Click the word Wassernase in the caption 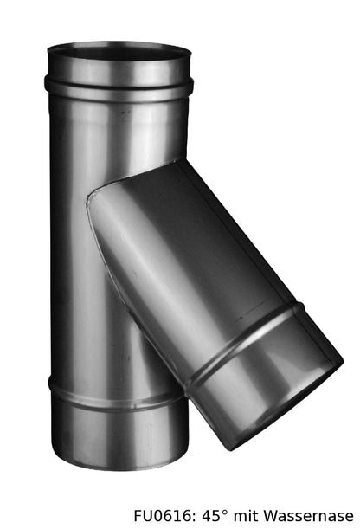click(x=308, y=516)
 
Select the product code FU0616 click(x=164, y=516)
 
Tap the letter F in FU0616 click(x=138, y=516)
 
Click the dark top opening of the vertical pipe click(x=119, y=53)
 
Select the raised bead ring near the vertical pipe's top click(x=119, y=87)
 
